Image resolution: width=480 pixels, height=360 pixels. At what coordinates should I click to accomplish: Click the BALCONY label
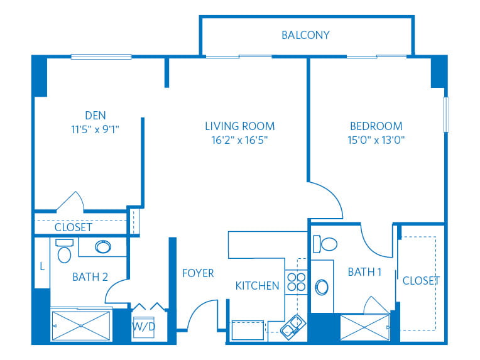pos(305,35)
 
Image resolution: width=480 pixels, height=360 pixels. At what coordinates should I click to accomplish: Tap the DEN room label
pos(95,116)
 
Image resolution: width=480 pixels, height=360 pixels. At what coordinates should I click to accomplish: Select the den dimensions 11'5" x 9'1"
pos(95,129)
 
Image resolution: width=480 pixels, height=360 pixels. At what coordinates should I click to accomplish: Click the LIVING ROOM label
pos(240,126)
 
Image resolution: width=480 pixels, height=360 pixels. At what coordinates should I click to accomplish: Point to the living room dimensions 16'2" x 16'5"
pos(240,140)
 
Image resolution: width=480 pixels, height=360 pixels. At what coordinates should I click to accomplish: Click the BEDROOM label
pos(376,126)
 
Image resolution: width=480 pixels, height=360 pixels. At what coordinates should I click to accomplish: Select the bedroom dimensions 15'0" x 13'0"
pos(376,140)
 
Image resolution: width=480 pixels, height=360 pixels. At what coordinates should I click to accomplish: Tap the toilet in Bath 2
pos(64,251)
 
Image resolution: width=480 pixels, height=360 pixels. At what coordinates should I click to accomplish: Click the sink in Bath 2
pos(103,247)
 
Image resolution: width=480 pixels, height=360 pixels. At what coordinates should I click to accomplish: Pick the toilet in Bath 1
pos(325,244)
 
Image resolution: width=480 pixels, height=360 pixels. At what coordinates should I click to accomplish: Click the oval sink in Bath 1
pos(322,287)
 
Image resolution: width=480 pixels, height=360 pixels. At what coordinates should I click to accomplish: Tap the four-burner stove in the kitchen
pos(297,282)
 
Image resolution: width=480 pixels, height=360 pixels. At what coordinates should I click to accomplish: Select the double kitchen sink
pos(293,327)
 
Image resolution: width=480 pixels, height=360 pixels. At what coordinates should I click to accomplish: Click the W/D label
pos(144,327)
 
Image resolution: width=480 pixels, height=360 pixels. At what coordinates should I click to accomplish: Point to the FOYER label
pos(198,273)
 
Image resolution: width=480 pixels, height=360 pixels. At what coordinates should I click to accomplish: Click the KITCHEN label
pos(257,286)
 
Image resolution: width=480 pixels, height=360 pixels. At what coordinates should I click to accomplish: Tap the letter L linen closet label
pos(42,266)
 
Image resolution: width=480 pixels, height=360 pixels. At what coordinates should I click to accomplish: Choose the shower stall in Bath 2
pos(81,325)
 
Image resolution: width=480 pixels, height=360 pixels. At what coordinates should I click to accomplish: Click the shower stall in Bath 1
pos(364,327)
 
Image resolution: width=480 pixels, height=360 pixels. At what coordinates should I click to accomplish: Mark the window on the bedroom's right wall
pos(446,114)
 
